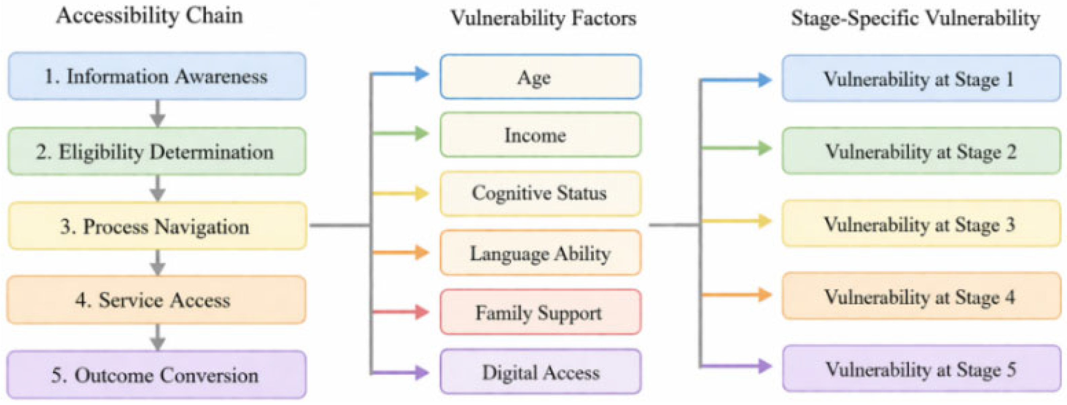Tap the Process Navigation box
157,226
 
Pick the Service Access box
156,300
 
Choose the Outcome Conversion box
156,375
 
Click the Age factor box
541,77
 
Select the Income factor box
541,135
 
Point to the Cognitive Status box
541,194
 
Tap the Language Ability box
541,252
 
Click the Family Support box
541,312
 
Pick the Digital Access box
541,371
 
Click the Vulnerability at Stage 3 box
922,224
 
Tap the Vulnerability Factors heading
544,18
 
